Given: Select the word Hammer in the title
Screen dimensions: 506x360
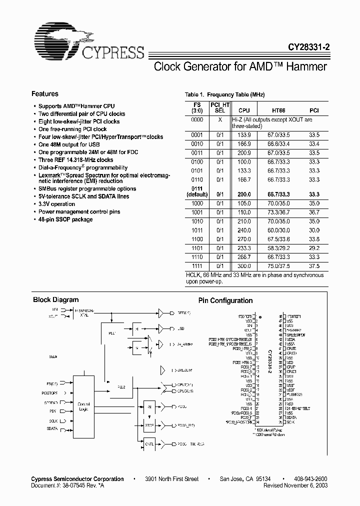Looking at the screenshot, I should point(303,66).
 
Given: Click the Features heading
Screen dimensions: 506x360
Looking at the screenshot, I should point(45,94).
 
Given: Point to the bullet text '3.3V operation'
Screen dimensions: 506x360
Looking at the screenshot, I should point(57,204).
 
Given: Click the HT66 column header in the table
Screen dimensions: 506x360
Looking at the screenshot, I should point(278,110).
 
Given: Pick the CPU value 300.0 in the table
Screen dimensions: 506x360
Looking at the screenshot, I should point(244,266).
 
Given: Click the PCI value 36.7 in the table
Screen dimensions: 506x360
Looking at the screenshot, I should point(314,212).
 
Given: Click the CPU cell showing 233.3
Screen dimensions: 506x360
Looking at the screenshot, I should point(244,247).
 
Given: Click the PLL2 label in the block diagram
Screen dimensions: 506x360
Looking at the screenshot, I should point(121,387).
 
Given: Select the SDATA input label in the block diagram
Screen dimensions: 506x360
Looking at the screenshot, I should point(52,429).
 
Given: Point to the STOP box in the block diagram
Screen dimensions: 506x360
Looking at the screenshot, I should point(149,425).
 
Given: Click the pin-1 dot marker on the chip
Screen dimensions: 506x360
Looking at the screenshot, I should point(260,316).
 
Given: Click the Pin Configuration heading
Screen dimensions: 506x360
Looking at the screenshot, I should point(225,300).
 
